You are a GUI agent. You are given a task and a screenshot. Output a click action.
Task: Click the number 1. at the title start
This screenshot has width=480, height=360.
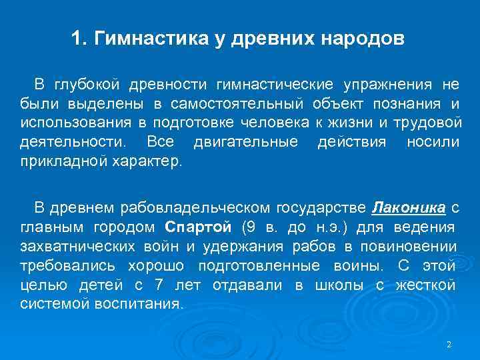pos(79,38)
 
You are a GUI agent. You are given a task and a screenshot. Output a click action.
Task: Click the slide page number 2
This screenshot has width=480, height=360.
pos(449,344)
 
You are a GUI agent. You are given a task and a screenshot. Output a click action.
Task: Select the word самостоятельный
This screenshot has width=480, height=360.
pos(246,104)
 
